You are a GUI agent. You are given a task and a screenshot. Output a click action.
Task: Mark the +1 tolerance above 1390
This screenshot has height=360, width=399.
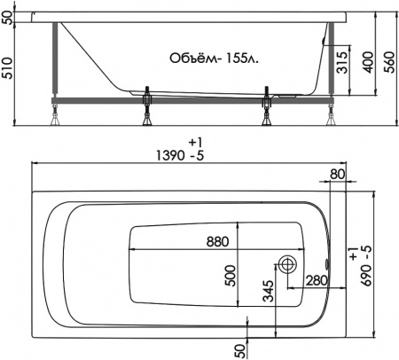tap(195, 142)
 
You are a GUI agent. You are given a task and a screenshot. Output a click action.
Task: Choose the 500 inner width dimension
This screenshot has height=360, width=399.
tap(229, 277)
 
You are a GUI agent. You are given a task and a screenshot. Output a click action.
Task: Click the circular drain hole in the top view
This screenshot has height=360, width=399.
tap(287, 264)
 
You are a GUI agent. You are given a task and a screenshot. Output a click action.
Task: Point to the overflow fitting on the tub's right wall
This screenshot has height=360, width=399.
tap(330, 264)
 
